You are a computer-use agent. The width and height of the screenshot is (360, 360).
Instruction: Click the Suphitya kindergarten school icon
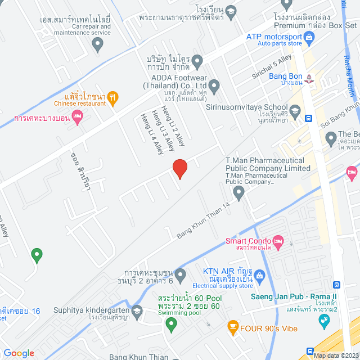point(137,310)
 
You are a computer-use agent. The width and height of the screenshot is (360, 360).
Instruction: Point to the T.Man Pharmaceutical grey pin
point(239,194)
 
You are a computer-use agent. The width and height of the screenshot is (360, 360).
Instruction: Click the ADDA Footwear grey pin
point(214,85)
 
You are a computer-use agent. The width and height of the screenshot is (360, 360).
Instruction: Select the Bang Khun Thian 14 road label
point(204,219)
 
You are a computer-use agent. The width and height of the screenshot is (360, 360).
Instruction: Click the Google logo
point(19,353)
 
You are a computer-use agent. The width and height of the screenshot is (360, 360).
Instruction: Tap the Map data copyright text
point(336,355)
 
